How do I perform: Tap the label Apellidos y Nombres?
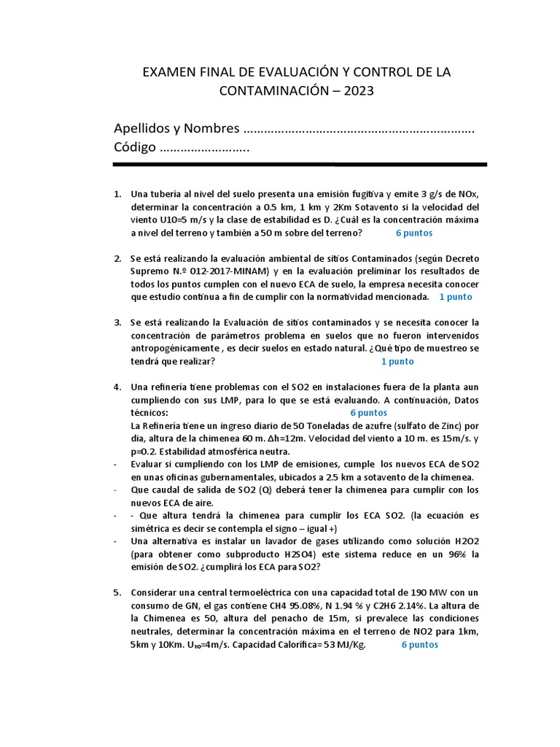176,128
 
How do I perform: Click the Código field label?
135,147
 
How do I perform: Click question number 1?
117,194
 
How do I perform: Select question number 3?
117,322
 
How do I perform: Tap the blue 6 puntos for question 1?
414,233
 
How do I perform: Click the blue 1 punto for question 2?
456,298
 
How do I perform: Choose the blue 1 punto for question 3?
397,362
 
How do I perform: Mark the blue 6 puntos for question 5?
420,646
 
